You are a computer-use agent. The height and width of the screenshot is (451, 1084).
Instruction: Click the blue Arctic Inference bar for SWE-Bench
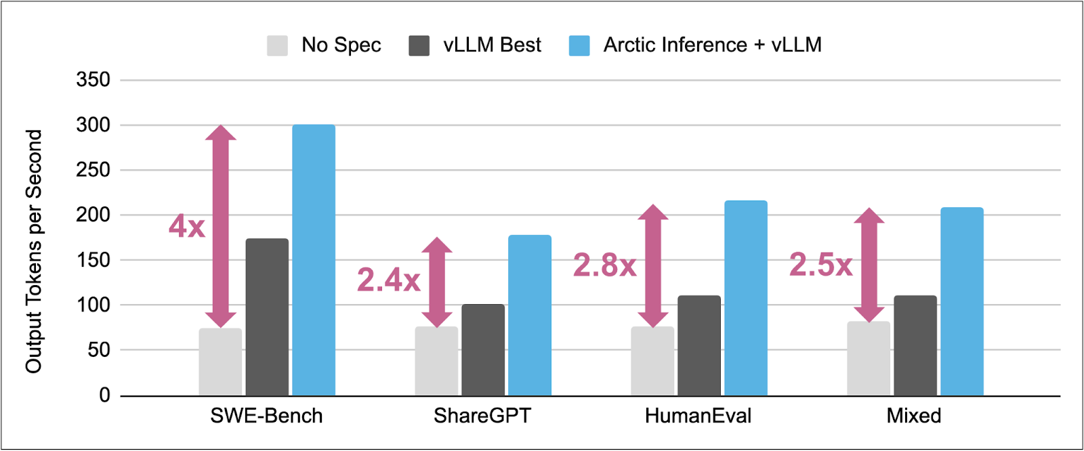(x=314, y=261)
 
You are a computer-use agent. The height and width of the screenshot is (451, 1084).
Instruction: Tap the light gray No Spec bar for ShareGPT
(x=436, y=362)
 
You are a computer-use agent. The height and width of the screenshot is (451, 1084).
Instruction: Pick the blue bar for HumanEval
(x=746, y=298)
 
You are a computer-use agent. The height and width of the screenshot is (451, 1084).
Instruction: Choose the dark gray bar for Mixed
(x=915, y=345)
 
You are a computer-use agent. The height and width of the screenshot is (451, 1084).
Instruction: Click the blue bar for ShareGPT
(x=530, y=316)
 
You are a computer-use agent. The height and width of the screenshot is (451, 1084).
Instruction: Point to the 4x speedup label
(x=187, y=226)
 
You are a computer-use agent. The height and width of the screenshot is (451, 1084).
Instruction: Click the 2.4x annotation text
(x=388, y=280)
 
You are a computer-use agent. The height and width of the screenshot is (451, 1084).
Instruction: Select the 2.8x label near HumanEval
(x=604, y=265)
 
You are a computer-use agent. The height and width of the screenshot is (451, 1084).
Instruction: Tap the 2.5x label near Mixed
(x=820, y=265)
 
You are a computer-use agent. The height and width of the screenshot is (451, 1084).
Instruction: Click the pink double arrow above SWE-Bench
(x=221, y=226)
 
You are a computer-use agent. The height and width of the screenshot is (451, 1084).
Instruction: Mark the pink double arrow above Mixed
(x=869, y=265)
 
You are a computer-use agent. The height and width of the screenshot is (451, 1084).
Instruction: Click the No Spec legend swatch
(x=277, y=45)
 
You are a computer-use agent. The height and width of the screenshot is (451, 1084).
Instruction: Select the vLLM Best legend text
(x=492, y=45)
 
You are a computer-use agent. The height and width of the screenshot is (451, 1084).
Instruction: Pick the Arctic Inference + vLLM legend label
(x=712, y=45)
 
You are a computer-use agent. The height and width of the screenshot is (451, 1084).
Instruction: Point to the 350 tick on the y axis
(x=93, y=80)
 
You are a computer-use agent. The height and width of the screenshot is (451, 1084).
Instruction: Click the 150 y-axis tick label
(x=93, y=260)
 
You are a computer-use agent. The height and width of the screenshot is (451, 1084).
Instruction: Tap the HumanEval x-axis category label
(x=698, y=416)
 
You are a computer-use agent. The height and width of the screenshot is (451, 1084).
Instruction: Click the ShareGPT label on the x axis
(x=482, y=416)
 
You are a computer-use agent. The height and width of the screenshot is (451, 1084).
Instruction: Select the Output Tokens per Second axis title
(x=34, y=251)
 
